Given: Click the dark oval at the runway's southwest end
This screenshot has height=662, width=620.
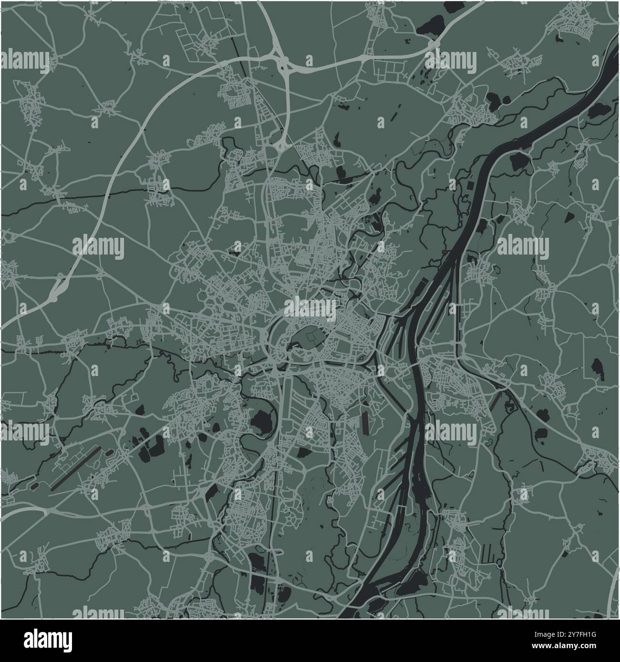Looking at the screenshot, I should [x=35, y=487].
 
